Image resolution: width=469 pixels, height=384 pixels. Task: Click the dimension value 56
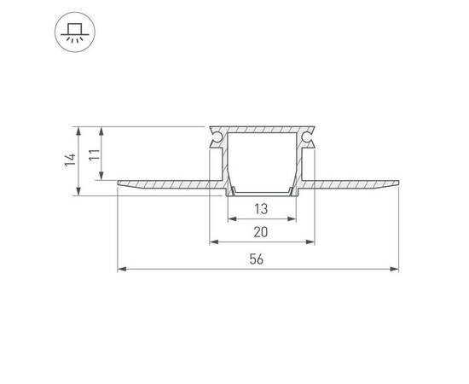[257, 259]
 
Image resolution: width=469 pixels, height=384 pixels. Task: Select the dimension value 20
[261, 232]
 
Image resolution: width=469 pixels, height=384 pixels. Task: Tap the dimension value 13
[261, 209]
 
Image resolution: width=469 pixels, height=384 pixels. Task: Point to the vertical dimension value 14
[70, 160]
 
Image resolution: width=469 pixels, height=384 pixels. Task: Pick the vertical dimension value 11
[94, 154]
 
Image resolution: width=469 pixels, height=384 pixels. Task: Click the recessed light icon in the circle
[75, 32]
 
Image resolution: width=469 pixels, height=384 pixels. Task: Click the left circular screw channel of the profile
[216, 137]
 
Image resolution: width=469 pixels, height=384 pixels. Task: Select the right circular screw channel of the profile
[307, 137]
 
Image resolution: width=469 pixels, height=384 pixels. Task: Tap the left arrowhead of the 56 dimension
[122, 269]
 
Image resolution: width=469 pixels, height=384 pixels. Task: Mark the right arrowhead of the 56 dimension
[395, 269]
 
